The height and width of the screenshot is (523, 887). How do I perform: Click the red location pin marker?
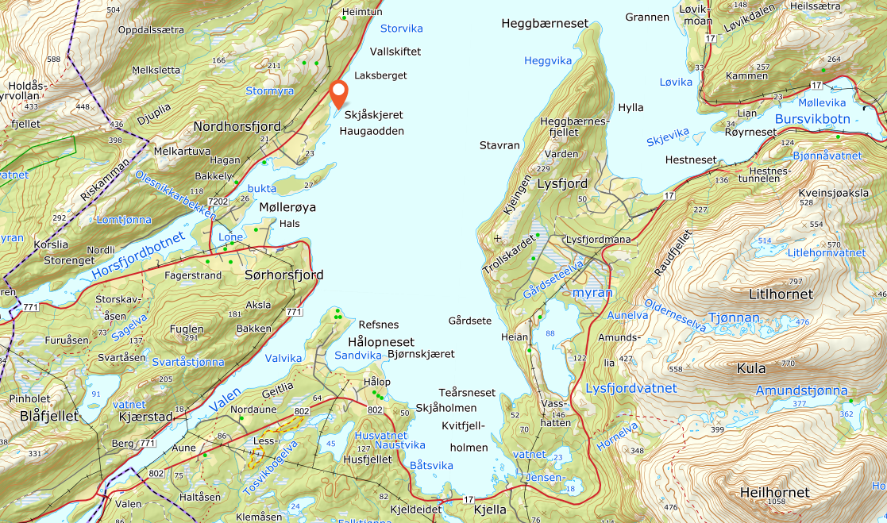(x=338, y=93)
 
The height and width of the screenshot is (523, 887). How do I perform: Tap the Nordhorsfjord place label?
(x=237, y=126)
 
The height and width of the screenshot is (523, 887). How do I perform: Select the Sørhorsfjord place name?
(x=283, y=275)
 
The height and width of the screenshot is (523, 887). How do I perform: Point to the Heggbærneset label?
(x=545, y=23)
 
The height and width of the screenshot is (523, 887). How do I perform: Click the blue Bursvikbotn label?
(x=812, y=119)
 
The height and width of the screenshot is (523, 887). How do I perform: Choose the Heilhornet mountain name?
(x=773, y=493)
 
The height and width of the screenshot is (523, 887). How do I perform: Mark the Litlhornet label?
(x=781, y=294)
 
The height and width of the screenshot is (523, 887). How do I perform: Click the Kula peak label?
(x=750, y=368)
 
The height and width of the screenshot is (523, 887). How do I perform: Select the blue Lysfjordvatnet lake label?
(x=631, y=388)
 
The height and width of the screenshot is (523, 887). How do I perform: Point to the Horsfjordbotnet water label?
(x=137, y=256)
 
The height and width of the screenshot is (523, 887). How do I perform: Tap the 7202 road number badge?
(x=218, y=202)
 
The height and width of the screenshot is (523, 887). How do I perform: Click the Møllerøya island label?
(x=287, y=207)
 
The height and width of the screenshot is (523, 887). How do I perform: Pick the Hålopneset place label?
(x=381, y=342)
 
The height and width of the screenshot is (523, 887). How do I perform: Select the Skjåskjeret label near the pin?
(x=374, y=115)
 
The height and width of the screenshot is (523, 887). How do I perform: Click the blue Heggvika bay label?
(x=547, y=60)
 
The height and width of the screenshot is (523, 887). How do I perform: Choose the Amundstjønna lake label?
(x=801, y=390)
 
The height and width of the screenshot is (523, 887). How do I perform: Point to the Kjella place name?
(x=489, y=510)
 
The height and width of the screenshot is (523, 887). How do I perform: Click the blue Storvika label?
(x=401, y=29)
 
